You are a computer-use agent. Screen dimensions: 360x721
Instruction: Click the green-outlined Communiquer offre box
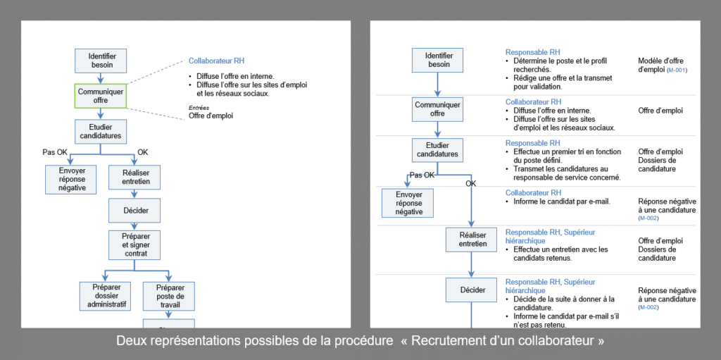pyautogui.click(x=101, y=96)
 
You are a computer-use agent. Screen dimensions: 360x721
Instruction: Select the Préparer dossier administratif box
pyautogui.click(x=106, y=295)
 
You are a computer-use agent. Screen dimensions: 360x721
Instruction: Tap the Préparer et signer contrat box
pyautogui.click(x=134, y=244)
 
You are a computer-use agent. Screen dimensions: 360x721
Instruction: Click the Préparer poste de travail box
pyautogui.click(x=169, y=297)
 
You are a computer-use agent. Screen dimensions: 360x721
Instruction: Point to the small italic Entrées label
pyautogui.click(x=199, y=107)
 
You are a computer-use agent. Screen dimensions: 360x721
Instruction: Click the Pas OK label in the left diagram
pyautogui.click(x=56, y=151)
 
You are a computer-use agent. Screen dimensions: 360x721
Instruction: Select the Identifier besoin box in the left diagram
pyautogui.click(x=101, y=61)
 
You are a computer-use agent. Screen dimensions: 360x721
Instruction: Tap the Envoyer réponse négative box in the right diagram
pyautogui.click(x=408, y=203)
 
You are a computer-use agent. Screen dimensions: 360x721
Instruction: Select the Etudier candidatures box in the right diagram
pyautogui.click(x=437, y=149)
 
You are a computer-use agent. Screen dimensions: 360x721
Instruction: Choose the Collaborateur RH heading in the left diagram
pyautogui.click(x=217, y=61)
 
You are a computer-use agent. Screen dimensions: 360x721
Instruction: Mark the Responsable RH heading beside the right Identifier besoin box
pyautogui.click(x=532, y=52)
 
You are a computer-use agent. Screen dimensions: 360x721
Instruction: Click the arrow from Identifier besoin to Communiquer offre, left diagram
pyautogui.click(x=101, y=77)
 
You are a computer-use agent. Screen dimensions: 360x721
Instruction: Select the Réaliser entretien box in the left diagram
pyautogui.click(x=135, y=177)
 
